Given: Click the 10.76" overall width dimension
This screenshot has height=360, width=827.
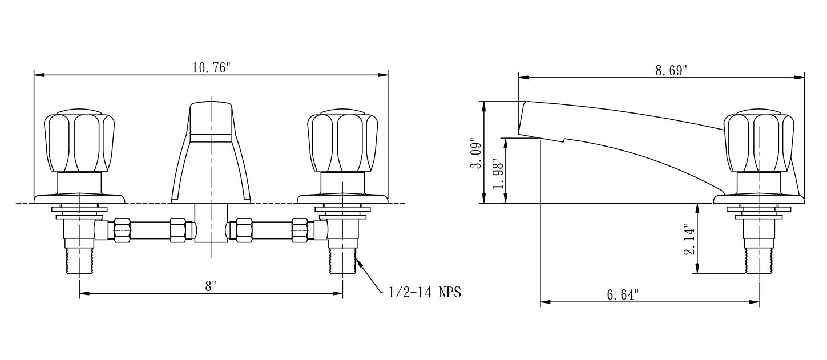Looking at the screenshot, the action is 211,68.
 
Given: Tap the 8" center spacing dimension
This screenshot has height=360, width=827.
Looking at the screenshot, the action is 211,286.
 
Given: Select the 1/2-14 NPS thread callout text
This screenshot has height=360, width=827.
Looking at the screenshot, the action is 425,293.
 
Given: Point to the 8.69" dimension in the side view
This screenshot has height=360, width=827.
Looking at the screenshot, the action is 671,70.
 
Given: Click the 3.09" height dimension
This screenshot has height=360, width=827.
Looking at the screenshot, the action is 476,153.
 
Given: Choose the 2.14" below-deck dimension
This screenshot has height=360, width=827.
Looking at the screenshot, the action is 689,240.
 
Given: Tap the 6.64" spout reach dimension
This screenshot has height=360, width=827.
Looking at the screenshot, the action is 623,294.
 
